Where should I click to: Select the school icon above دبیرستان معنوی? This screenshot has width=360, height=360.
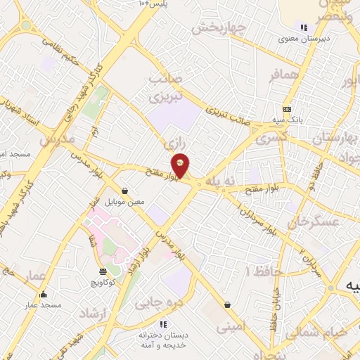tap(304, 27)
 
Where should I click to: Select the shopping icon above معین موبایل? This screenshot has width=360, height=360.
tap(124, 191)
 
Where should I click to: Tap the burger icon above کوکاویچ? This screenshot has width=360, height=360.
tap(103, 271)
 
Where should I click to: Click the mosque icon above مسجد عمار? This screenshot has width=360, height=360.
tap(44, 295)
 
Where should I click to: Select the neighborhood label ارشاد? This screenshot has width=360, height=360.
tap(94, 312)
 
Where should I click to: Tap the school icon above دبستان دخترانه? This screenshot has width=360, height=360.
tap(163, 324)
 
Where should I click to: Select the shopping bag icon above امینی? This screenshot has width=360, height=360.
tap(227, 305)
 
